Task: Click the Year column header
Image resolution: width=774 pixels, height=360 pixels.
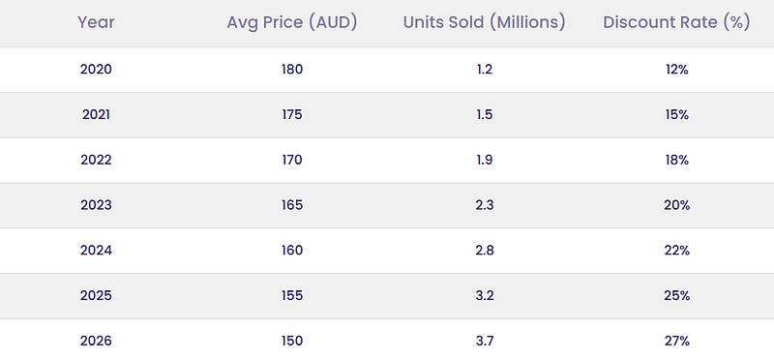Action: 96,22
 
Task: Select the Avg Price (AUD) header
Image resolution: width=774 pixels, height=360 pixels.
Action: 292,22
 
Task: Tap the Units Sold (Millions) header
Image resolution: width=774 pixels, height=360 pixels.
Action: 485,22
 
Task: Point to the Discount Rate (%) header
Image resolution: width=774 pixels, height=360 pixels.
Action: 676,22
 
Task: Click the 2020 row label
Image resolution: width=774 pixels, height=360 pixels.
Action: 96,69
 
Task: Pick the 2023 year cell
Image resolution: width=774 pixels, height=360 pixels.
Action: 96,205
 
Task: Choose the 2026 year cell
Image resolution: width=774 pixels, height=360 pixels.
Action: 96,341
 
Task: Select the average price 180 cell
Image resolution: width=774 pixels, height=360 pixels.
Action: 292,69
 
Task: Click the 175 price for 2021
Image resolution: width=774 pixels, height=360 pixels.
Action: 292,114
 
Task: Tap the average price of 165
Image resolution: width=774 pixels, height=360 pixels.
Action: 292,205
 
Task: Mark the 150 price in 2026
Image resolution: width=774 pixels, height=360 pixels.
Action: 292,341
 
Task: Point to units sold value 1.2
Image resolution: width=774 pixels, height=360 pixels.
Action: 485,69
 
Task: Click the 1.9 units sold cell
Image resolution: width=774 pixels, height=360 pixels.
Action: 485,160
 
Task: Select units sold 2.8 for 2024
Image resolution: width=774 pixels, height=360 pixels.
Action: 485,251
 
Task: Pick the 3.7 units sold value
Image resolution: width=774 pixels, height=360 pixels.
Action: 485,341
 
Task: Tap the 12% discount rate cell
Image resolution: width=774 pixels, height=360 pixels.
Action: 676,69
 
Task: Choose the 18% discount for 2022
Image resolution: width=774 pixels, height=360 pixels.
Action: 676,160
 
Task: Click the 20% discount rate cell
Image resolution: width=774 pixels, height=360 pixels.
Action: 676,205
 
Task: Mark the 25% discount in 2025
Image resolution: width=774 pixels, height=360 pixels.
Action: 676,295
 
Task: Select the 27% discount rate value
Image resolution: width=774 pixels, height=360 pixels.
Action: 676,341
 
